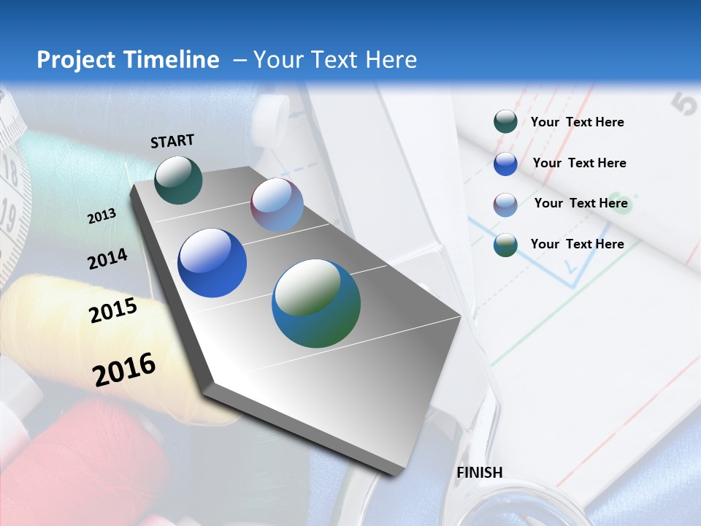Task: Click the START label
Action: click(x=172, y=141)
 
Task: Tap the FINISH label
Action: click(x=480, y=473)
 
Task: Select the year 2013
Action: click(x=101, y=216)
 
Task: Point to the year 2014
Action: click(x=107, y=259)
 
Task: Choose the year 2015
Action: click(x=113, y=310)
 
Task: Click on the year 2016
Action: click(x=124, y=370)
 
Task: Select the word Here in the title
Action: click(x=391, y=60)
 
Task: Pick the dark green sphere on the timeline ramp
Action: click(x=178, y=180)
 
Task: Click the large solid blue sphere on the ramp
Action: click(x=212, y=263)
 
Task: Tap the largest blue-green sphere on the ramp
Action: click(x=316, y=303)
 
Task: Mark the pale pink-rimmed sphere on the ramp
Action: click(x=277, y=205)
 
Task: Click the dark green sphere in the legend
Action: click(x=505, y=122)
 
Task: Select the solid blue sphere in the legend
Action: click(x=505, y=164)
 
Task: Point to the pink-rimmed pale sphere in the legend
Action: click(x=505, y=205)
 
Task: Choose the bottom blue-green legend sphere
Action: click(x=505, y=245)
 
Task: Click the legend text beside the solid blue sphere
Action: click(x=579, y=163)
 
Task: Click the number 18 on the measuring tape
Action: click(x=10, y=172)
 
